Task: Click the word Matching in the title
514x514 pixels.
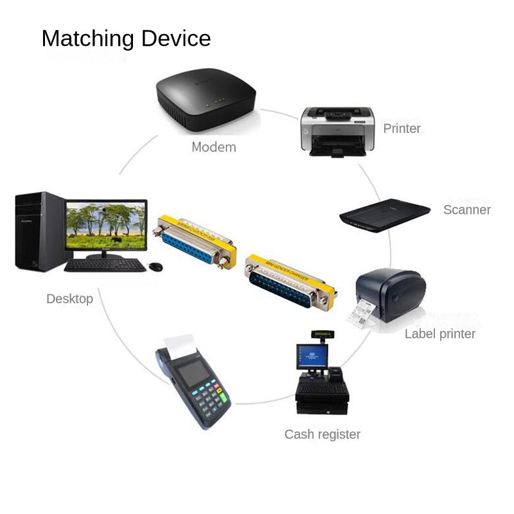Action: click(88, 39)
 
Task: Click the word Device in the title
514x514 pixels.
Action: click(176, 39)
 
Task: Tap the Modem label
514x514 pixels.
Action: click(214, 147)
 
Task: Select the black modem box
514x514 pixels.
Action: click(206, 102)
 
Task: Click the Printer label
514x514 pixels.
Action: click(402, 128)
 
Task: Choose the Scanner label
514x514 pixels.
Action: click(466, 210)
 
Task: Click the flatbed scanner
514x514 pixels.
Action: click(384, 213)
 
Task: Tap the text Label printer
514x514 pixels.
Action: click(439, 334)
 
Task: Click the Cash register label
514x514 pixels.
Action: click(322, 434)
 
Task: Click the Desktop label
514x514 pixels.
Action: click(69, 299)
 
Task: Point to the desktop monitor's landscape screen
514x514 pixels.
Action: click(107, 226)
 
